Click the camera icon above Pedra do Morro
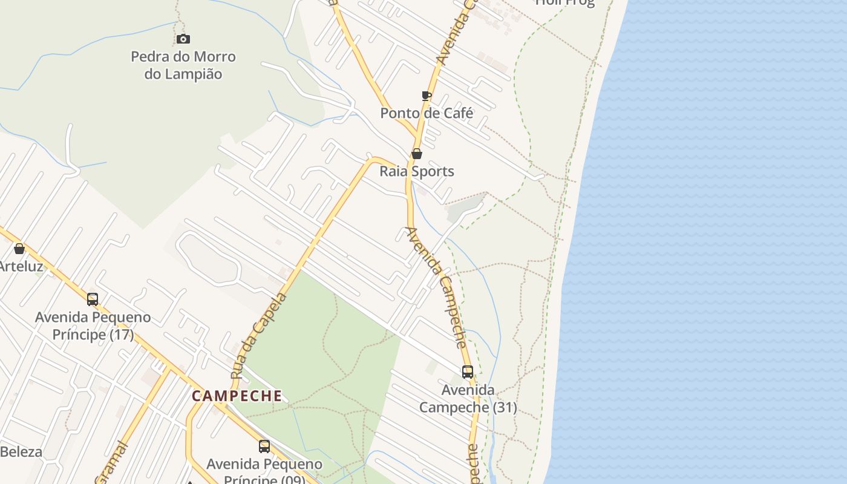coord(183,39)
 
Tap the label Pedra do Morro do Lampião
coord(183,65)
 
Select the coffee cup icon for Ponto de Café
coord(427,96)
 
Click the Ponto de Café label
coord(427,113)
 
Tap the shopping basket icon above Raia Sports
coord(417,154)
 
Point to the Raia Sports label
coord(417,171)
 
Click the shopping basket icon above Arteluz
coord(19,249)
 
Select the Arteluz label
coord(21,266)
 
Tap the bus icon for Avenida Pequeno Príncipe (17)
coord(93,299)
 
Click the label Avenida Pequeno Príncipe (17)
coord(93,325)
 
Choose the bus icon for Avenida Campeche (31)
coord(468,372)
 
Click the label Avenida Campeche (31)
coord(468,399)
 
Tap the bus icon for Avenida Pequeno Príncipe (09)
coord(264,446)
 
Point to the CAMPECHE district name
coord(237,396)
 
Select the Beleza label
coord(21,452)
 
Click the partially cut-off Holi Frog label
coord(565,3)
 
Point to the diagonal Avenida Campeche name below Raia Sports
coord(437,287)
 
